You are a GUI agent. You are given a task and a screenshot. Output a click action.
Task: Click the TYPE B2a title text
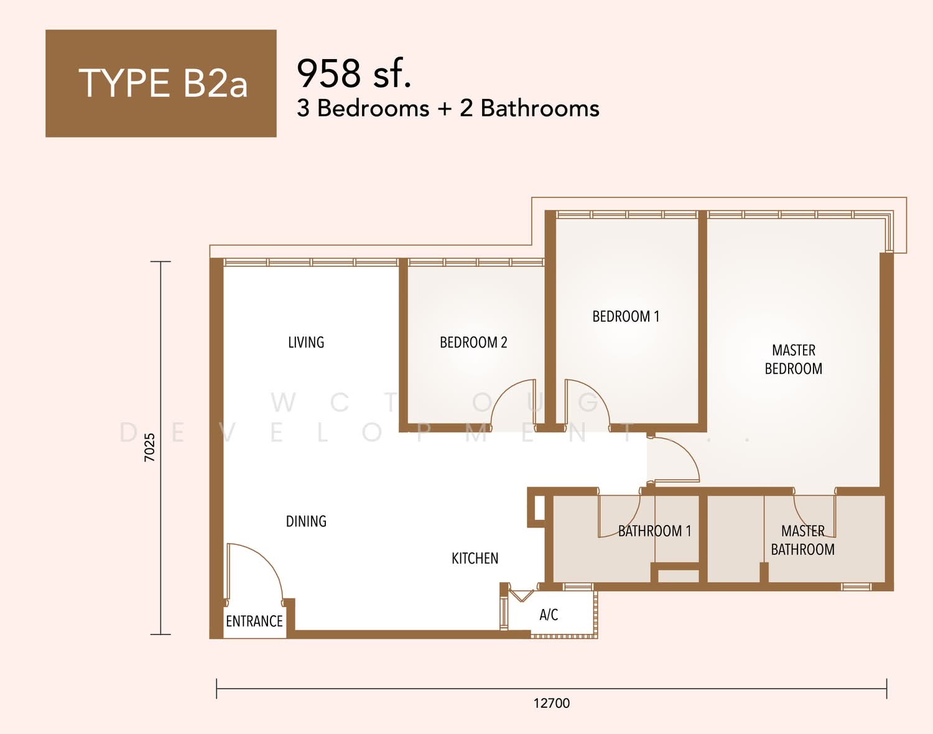point(163,83)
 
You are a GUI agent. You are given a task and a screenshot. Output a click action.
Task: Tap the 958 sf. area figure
point(353,73)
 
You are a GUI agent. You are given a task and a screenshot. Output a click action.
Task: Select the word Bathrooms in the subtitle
point(540,108)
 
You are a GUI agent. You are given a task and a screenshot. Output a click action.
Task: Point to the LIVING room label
point(306,342)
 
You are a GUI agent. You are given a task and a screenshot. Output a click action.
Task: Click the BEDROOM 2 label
point(473,342)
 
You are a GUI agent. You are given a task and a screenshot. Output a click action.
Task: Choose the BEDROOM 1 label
point(626,316)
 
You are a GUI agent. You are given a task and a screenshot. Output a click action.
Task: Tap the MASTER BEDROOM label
point(794,359)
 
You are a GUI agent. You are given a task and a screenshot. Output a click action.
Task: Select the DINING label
point(306,521)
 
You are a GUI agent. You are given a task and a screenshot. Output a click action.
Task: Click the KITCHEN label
point(475,558)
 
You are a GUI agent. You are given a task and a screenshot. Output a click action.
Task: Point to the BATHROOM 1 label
point(654,531)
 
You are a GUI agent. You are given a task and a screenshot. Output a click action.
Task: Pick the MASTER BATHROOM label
point(802,540)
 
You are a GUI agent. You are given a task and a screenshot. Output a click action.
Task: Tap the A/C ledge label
point(549,615)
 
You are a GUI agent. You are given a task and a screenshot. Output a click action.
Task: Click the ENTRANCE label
point(254,621)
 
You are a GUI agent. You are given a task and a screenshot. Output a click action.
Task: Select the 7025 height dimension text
point(149,447)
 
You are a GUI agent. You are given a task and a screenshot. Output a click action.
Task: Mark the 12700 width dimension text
point(552,703)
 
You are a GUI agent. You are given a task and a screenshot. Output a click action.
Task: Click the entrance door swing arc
point(267,560)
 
